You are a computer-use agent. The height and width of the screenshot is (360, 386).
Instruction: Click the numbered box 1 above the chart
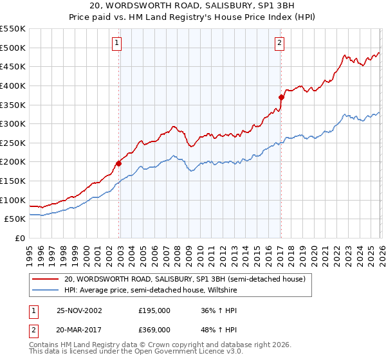pyautogui.click(x=117, y=44)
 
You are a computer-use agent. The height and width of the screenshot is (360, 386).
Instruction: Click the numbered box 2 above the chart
pyautogui.click(x=280, y=44)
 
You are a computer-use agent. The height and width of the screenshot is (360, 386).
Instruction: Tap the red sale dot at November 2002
pyautogui.click(x=119, y=163)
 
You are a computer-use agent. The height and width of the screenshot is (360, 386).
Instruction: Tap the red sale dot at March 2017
pyautogui.click(x=281, y=97)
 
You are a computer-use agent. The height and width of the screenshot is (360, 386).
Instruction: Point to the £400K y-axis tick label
pyautogui.click(x=13, y=85)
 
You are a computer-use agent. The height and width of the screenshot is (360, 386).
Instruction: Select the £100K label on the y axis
pyautogui.click(x=13, y=200)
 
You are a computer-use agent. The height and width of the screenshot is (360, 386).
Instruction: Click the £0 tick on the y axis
pyautogui.click(x=19, y=238)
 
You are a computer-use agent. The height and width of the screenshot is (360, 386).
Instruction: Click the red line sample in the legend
pyautogui.click(x=46, y=279)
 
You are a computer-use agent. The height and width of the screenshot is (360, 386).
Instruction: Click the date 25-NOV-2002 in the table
pyautogui.click(x=79, y=310)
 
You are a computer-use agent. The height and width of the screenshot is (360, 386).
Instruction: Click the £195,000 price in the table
pyautogui.click(x=154, y=310)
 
